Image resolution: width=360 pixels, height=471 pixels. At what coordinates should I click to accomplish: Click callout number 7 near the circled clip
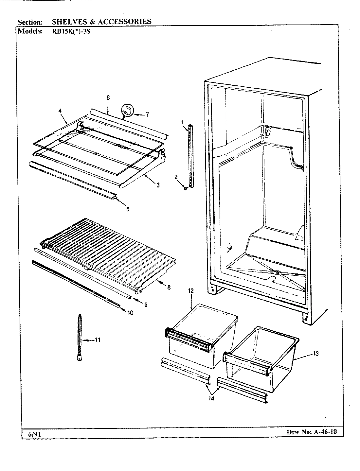[147, 114]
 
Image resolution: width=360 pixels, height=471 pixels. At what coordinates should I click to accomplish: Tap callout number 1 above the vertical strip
[182, 123]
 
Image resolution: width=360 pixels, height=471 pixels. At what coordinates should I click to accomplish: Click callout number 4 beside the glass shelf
[60, 111]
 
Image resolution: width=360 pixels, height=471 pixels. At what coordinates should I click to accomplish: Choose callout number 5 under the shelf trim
[128, 209]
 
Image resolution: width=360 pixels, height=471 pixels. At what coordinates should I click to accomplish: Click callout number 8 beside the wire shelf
[169, 288]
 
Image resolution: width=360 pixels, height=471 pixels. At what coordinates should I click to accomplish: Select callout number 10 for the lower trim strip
[130, 313]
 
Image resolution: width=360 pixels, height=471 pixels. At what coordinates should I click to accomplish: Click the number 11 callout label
[97, 340]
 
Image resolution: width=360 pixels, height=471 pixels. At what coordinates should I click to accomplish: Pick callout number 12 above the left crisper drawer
[191, 290]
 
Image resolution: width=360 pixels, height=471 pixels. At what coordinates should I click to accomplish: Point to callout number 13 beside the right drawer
[315, 353]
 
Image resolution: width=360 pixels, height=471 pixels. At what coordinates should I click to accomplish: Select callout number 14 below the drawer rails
[211, 399]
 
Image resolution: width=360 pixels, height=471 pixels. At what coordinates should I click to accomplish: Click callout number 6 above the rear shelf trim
[108, 97]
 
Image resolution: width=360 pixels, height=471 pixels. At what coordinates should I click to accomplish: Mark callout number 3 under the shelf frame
[158, 185]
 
